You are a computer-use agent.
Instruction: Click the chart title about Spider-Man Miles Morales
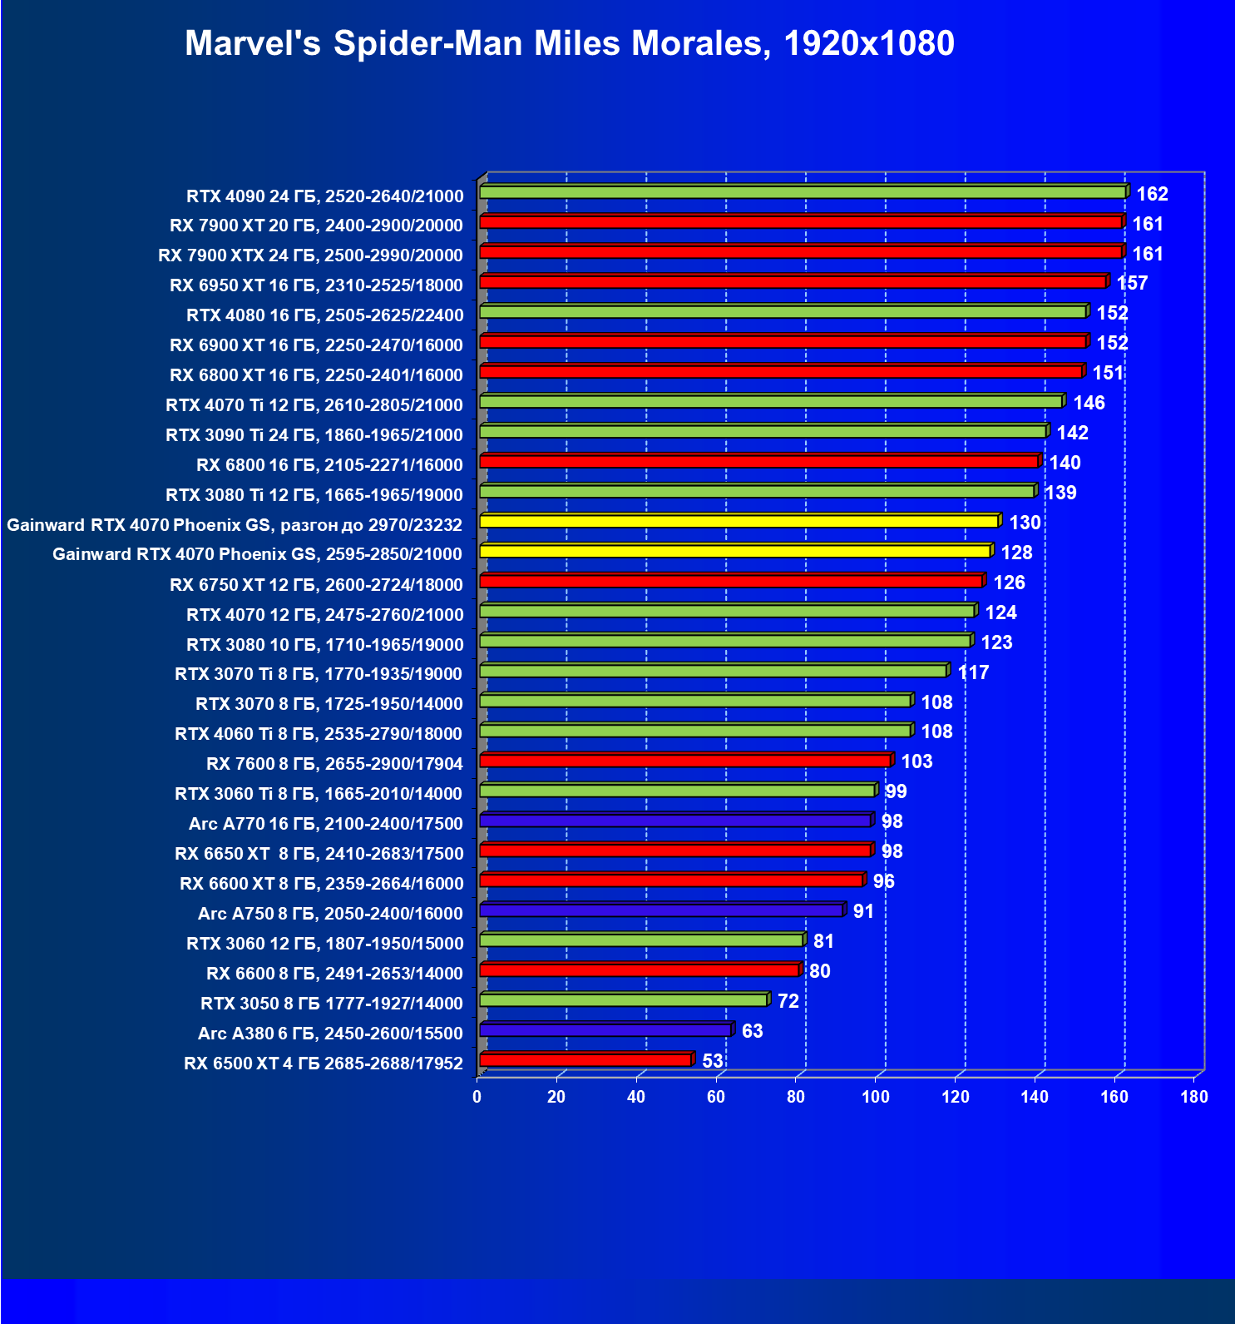(569, 43)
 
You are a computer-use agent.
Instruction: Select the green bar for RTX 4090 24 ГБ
(803, 192)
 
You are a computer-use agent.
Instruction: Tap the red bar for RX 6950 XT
(793, 282)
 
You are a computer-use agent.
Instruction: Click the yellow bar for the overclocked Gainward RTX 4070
(739, 521)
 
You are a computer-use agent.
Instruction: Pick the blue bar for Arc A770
(675, 821)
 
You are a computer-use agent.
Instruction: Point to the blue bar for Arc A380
(605, 1030)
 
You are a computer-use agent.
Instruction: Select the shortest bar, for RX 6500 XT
(585, 1059)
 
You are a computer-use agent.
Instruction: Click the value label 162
(1152, 194)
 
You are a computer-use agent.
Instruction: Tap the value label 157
(1132, 283)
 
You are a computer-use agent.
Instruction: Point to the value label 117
(973, 672)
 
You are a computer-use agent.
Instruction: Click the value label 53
(713, 1061)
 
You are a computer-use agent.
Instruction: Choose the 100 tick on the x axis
(876, 1097)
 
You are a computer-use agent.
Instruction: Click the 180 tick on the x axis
(1194, 1097)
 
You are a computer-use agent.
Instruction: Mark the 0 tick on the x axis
(477, 1097)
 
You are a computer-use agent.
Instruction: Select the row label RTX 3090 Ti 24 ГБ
(314, 434)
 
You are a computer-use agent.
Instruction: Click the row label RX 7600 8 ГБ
(334, 763)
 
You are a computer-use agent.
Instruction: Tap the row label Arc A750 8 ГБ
(330, 913)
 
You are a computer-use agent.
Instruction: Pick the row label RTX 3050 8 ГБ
(332, 1003)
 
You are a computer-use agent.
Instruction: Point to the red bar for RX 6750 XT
(731, 581)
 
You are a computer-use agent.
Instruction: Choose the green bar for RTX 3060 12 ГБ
(641, 940)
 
